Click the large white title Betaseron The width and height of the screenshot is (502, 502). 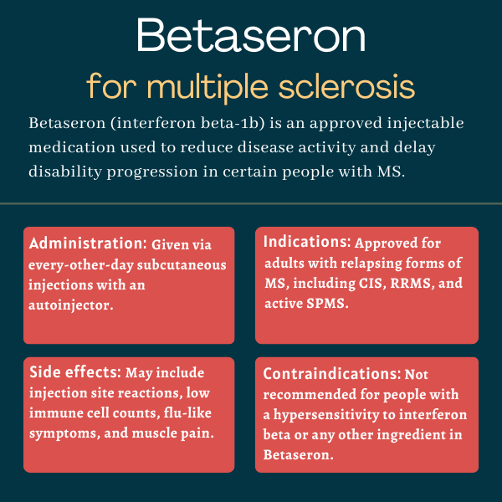[x=251, y=35]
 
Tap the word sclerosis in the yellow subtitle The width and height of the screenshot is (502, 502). [x=346, y=86]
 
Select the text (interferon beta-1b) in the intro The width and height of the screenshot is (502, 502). [x=188, y=123]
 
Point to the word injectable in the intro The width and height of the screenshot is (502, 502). [x=426, y=124]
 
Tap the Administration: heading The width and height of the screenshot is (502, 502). [x=88, y=243]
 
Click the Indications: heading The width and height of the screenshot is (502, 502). [x=307, y=242]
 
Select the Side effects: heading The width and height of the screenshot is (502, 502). [x=75, y=372]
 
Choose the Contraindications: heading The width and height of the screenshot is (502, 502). [x=332, y=374]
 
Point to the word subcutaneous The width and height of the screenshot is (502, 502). [x=182, y=265]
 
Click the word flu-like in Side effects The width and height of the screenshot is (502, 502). [x=187, y=412]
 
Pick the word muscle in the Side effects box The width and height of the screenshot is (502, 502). [x=154, y=433]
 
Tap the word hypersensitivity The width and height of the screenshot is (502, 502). [x=326, y=415]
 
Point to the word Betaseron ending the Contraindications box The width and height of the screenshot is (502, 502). [x=296, y=454]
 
